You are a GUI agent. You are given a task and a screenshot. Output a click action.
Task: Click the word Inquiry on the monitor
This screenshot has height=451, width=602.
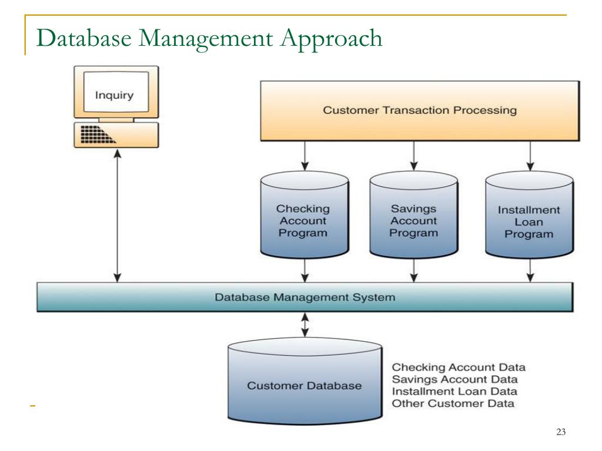pyautogui.click(x=115, y=95)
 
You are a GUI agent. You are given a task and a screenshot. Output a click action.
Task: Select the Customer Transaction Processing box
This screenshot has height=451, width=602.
pyautogui.click(x=420, y=110)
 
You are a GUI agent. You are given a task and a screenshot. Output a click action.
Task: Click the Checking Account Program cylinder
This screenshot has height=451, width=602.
pyautogui.click(x=303, y=220)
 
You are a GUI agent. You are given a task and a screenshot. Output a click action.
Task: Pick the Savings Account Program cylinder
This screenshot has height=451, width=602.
pyautogui.click(x=414, y=220)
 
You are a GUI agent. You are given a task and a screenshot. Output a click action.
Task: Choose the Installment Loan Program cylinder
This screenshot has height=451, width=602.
pyautogui.click(x=529, y=221)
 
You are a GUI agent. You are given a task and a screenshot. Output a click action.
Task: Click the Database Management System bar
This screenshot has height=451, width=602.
pyautogui.click(x=305, y=297)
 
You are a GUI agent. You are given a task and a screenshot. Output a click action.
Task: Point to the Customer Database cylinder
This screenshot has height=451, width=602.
pyautogui.click(x=304, y=386)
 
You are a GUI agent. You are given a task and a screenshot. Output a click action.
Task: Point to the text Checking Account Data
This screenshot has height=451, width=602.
pyautogui.click(x=459, y=368)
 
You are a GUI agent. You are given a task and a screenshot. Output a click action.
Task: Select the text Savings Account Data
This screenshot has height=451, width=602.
pyautogui.click(x=455, y=379)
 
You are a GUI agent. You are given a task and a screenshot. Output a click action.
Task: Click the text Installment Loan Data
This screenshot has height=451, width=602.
pyautogui.click(x=454, y=391)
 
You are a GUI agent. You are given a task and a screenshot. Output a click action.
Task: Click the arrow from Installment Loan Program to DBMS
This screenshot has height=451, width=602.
pyautogui.click(x=530, y=270)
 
